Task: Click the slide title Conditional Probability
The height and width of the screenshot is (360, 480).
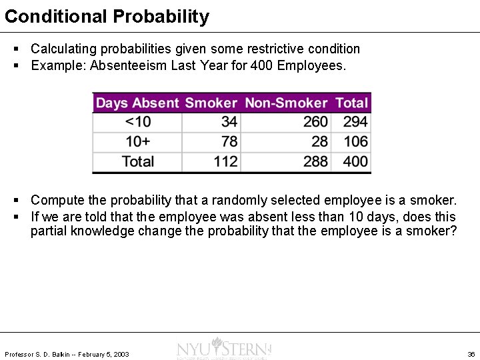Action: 107,16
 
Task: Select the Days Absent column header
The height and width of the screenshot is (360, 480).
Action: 137,103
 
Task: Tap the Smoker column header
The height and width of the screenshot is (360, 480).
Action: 211,103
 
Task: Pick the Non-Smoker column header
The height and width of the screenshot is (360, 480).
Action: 286,103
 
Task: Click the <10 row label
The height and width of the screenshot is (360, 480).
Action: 138,122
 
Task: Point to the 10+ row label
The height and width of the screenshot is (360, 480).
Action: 138,141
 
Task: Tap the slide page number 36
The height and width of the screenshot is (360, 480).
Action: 471,354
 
